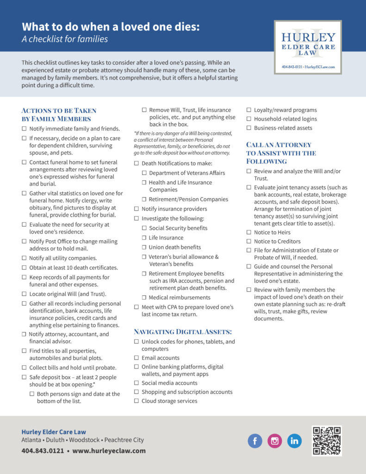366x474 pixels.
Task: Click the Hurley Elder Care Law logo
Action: tap(308, 47)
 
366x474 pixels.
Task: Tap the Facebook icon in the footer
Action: tap(255, 441)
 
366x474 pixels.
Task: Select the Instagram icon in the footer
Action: tap(275, 441)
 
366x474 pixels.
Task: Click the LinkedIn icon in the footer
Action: tap(294, 441)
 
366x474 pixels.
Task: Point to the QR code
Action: tap(327, 441)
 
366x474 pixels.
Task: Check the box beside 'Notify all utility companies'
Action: tap(24, 258)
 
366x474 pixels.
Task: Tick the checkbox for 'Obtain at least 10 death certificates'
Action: tap(24, 268)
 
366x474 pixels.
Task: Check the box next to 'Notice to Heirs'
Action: tap(249, 232)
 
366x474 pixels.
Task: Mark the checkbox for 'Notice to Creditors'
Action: tap(249, 242)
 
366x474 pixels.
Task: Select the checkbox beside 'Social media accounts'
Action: tap(136, 383)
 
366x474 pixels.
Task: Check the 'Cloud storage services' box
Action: tap(136, 401)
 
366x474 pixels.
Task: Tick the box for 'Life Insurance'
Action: tap(144, 238)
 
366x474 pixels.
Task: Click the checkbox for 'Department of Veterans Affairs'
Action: tap(144, 173)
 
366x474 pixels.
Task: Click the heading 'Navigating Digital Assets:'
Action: tap(183, 331)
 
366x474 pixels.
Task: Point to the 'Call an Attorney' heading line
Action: tap(279, 145)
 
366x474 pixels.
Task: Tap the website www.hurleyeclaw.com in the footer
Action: tap(109, 450)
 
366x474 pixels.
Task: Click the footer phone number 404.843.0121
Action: tap(43, 450)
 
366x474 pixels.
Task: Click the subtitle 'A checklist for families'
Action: tap(65, 39)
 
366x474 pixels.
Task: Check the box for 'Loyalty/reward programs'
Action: tap(249, 110)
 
